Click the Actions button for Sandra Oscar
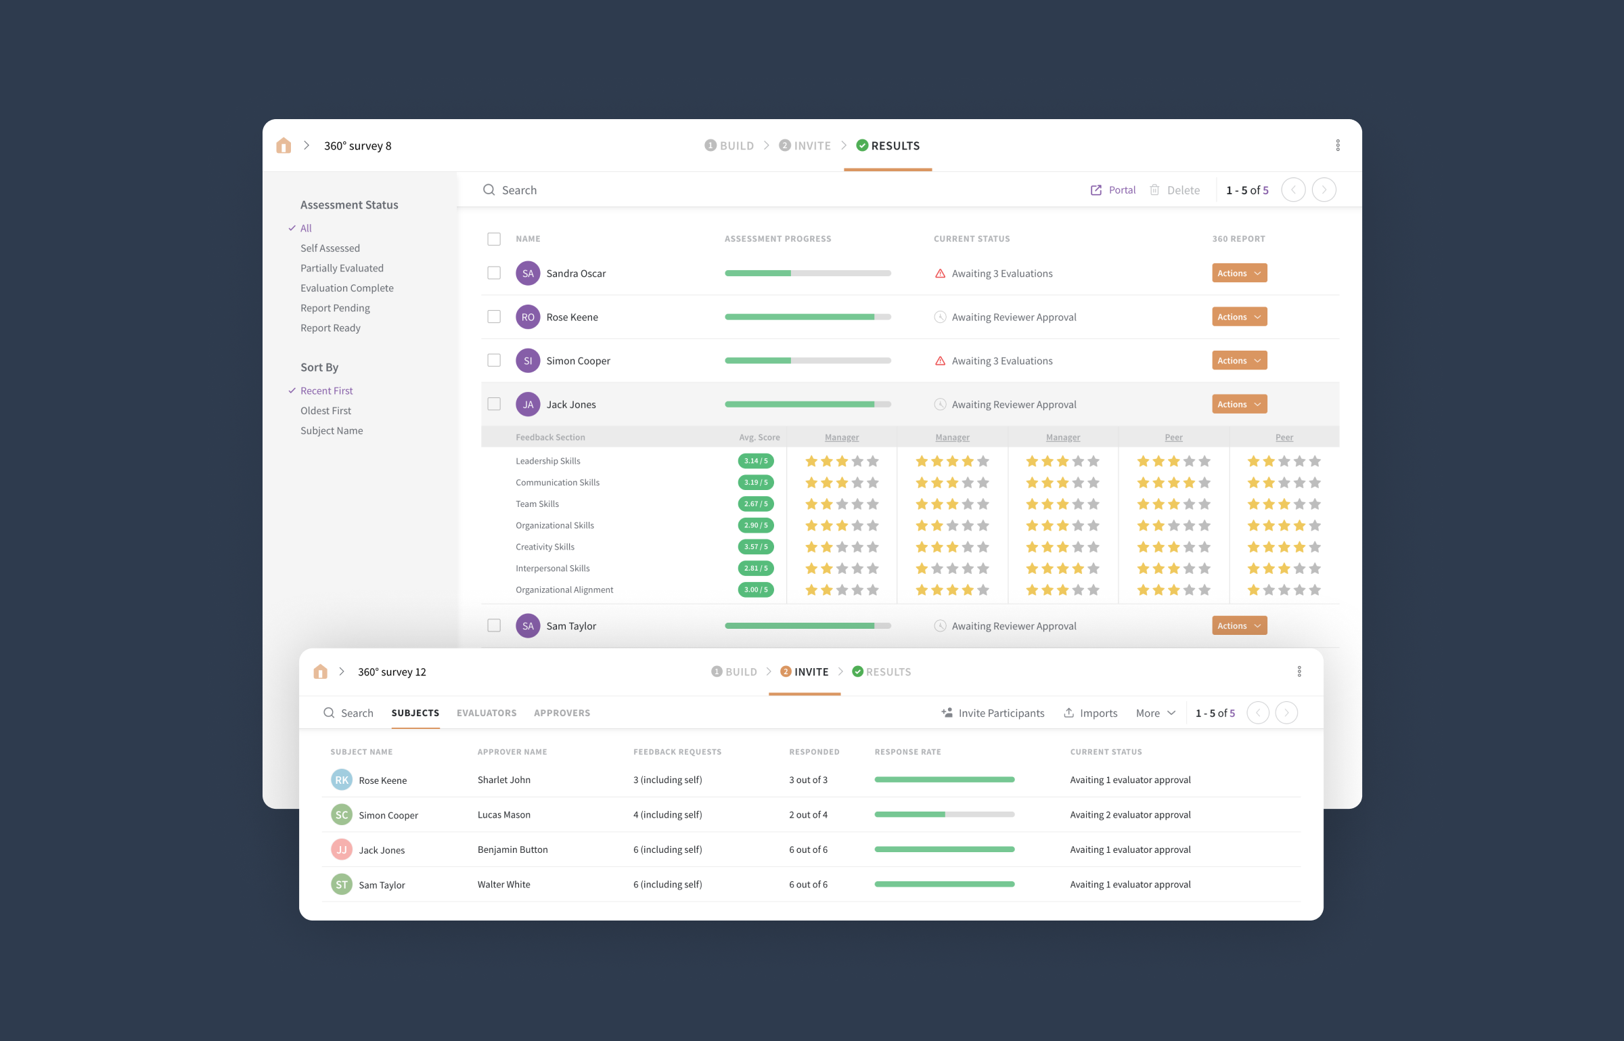coord(1239,273)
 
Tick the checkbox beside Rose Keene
coord(494,317)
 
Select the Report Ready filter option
coord(330,328)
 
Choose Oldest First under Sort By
coord(325,411)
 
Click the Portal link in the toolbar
coord(1113,190)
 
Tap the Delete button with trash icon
coord(1175,190)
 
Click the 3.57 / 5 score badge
coord(755,547)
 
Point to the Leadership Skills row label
coord(547,461)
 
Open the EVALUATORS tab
coord(487,713)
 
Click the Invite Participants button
coord(993,713)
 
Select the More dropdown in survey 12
coord(1156,713)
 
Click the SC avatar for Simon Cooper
coord(342,815)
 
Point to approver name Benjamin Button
coord(512,850)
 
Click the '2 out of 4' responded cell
coord(808,815)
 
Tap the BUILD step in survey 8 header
coord(729,146)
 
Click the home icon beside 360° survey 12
coord(321,672)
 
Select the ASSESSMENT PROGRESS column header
coord(777,239)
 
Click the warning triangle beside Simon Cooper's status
coord(940,361)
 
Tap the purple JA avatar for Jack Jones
coord(528,405)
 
